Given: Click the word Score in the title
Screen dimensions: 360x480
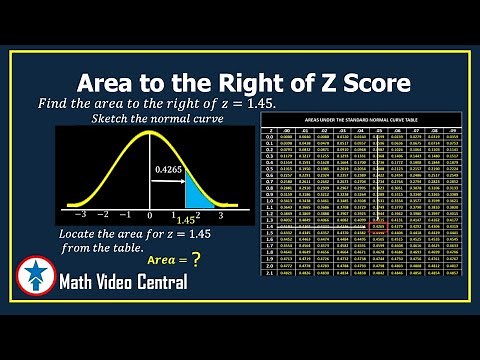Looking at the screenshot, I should [364, 82].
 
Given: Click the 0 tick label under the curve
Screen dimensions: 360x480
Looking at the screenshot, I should [149, 215].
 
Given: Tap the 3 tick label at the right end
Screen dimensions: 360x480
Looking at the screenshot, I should [220, 215].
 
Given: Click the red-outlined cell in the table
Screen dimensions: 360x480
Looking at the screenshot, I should [380, 228].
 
